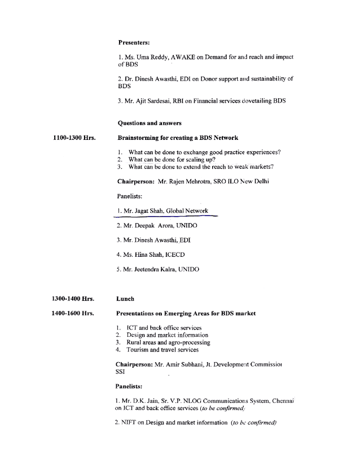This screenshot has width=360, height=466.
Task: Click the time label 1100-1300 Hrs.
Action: (x=73, y=138)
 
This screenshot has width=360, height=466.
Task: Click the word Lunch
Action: (x=125, y=298)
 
